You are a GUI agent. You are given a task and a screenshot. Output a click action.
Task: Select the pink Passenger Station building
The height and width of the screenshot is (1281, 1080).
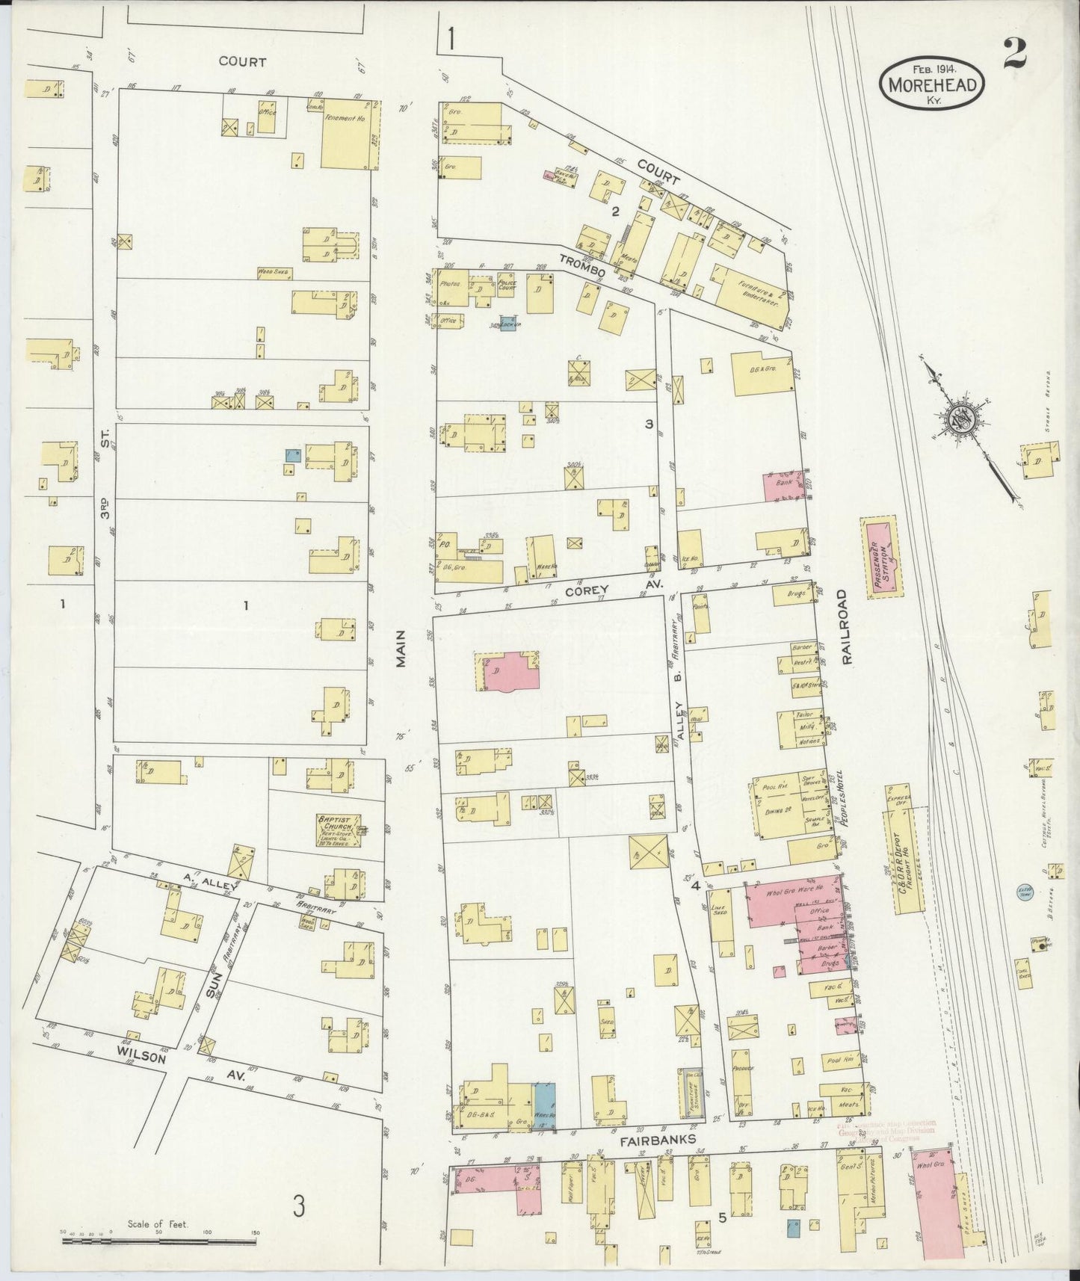883,554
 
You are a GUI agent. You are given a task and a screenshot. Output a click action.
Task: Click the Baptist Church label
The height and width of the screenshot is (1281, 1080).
339,830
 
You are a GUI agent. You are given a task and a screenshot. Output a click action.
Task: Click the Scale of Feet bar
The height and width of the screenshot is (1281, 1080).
161,1240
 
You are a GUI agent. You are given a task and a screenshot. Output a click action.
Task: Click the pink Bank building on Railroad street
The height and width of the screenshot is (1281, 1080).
784,487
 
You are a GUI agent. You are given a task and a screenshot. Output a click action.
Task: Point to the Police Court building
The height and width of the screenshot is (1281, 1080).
507,285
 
